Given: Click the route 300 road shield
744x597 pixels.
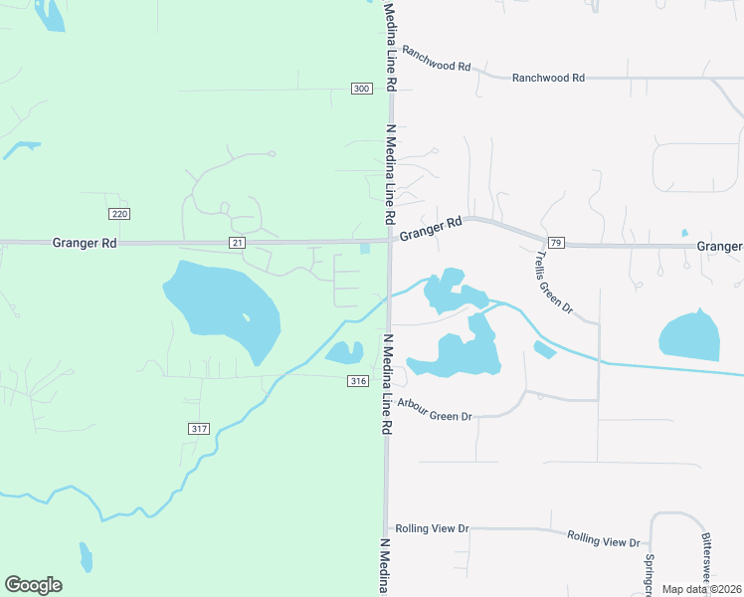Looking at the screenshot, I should click(x=361, y=89).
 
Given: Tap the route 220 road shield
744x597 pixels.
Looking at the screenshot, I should click(x=119, y=214).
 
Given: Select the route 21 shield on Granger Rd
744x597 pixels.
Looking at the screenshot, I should click(x=237, y=242).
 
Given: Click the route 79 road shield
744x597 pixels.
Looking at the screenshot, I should click(x=555, y=243).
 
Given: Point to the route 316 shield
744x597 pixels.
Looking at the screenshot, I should click(x=359, y=381).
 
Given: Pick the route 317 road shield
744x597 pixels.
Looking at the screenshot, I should click(x=198, y=428).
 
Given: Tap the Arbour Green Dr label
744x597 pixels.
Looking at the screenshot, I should click(x=434, y=409).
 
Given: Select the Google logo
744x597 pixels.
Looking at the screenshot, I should click(x=33, y=585).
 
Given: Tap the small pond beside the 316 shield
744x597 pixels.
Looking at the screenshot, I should click(x=343, y=352).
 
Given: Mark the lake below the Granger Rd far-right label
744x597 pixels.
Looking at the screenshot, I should click(x=690, y=336).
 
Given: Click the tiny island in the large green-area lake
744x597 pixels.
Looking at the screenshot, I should click(x=245, y=317).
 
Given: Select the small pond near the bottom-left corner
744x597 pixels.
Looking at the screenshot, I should click(x=86, y=556).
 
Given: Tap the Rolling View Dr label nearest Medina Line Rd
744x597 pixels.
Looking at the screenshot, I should click(x=431, y=528).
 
